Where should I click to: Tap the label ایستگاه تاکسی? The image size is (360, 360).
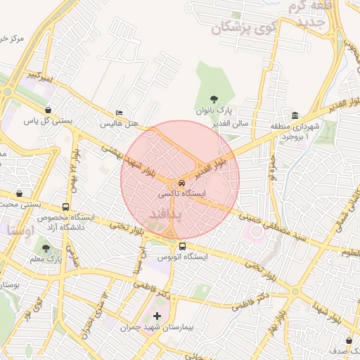click(x=185, y=193)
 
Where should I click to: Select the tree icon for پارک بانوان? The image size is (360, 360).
click(x=214, y=99)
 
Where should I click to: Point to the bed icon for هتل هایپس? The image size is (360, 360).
click(x=119, y=112)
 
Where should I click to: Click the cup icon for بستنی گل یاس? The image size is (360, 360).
click(x=48, y=110)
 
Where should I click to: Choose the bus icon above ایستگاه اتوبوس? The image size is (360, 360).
click(x=183, y=247)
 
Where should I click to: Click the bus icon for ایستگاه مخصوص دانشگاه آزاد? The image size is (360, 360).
click(x=65, y=207)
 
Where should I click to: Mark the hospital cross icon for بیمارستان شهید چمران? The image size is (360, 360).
click(x=156, y=316)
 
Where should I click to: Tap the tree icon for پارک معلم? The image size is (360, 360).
click(x=46, y=248)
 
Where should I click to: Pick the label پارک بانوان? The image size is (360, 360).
click(x=214, y=111)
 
